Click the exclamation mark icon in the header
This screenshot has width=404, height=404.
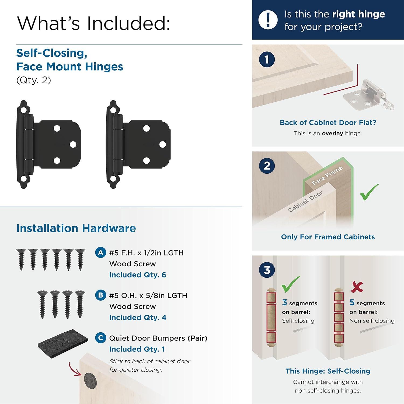pyautogui.click(x=268, y=20)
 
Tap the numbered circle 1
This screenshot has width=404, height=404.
pyautogui.click(x=267, y=59)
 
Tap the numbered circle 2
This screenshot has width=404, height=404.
pyautogui.click(x=267, y=166)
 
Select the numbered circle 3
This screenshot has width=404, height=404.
pyautogui.click(x=267, y=270)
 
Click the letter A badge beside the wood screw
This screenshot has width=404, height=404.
pyautogui.click(x=100, y=253)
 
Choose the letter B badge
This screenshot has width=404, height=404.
pyautogui.click(x=100, y=295)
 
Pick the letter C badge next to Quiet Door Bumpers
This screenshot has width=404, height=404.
pyautogui.click(x=100, y=338)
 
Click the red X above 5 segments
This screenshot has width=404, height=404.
pyautogui.click(x=357, y=287)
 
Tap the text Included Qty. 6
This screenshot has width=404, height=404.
pyautogui.click(x=138, y=275)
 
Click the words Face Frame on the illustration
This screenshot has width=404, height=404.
pyautogui.click(x=327, y=176)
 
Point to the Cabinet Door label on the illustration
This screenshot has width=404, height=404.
pyautogui.click(x=305, y=201)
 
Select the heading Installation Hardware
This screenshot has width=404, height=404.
pyautogui.click(x=76, y=228)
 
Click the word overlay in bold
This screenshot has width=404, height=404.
pyautogui.click(x=332, y=133)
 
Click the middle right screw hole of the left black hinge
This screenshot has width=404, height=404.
pyautogui.click(x=73, y=144)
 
